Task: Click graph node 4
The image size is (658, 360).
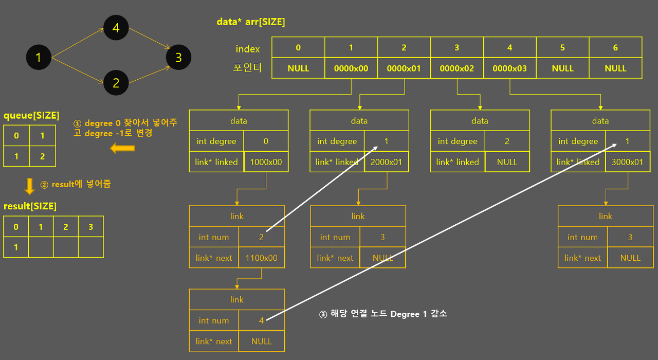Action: click(x=116, y=28)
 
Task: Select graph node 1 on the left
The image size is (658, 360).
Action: click(x=38, y=57)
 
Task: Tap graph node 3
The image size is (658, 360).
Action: click(x=178, y=57)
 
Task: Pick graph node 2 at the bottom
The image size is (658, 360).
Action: click(x=116, y=83)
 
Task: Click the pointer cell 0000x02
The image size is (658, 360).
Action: click(x=457, y=68)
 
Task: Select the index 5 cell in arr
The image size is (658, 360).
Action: click(x=562, y=48)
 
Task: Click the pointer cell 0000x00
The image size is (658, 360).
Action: click(x=351, y=68)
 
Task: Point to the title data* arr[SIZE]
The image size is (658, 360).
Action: click(x=251, y=22)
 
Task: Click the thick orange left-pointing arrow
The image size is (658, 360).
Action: click(x=122, y=149)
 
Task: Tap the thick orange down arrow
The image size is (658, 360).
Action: click(x=30, y=185)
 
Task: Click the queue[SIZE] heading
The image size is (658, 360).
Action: click(x=31, y=115)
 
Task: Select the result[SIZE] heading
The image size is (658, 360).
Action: click(x=30, y=206)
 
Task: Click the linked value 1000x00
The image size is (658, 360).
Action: click(x=266, y=162)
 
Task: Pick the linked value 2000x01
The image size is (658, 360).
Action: click(x=387, y=162)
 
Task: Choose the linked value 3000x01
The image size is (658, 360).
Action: click(x=627, y=162)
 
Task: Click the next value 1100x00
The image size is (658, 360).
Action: click(x=261, y=258)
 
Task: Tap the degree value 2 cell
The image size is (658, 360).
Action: click(x=507, y=141)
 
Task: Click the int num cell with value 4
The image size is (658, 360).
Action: click(x=261, y=320)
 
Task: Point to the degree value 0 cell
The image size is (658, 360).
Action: click(x=266, y=141)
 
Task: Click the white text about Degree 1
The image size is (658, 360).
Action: click(x=383, y=314)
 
